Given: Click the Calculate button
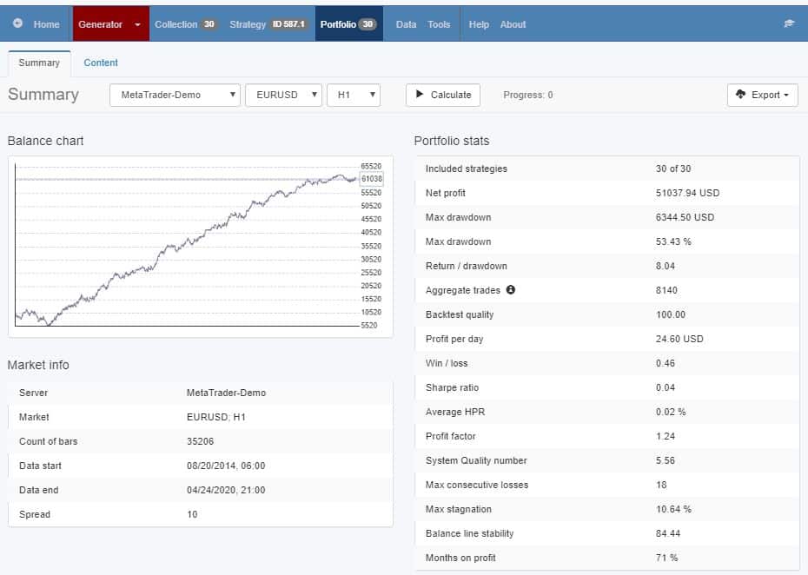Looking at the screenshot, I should click(444, 95).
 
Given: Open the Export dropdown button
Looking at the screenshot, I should click(762, 95).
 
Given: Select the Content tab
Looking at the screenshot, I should click(101, 63).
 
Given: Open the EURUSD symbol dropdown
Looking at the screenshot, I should click(283, 95).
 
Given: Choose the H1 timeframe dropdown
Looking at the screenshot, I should click(354, 95).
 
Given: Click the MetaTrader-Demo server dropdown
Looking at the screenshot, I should click(175, 95).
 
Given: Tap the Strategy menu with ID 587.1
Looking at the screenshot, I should click(268, 24).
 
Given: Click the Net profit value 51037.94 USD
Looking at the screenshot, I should click(687, 193).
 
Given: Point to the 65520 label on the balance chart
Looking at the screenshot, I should click(371, 166).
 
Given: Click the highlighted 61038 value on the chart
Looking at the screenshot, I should click(372, 179).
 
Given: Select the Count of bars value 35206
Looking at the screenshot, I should click(201, 441).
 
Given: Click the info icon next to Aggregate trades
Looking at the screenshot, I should click(511, 290).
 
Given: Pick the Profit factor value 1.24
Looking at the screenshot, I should click(666, 436).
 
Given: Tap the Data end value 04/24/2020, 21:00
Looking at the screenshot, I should click(226, 490).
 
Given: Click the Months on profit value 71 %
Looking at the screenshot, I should click(666, 558).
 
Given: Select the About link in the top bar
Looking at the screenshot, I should click(513, 24).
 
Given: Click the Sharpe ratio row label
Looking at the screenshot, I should click(452, 387).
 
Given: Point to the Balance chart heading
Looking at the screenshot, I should click(45, 141).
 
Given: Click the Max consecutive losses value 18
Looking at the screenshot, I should click(661, 485).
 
